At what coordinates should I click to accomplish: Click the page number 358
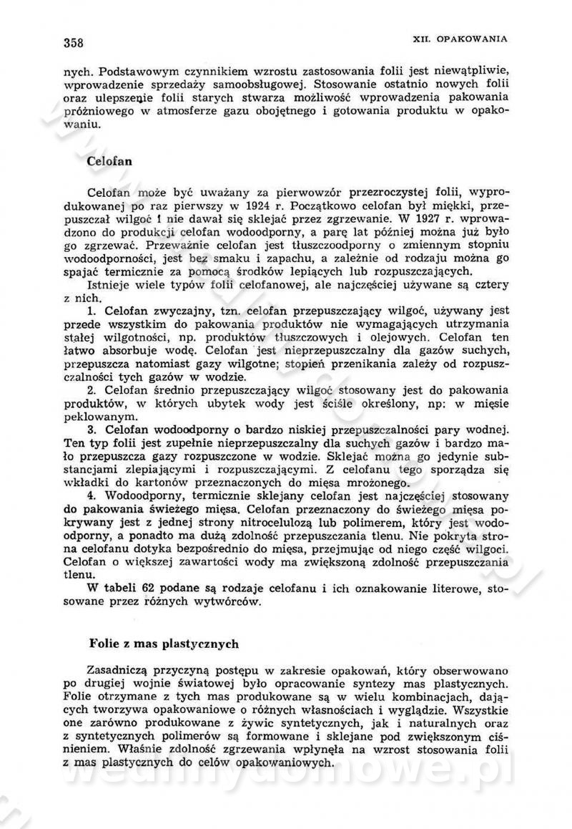[x=74, y=42]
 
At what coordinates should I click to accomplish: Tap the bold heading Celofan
[x=109, y=161]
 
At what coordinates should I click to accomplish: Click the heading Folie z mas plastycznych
[x=163, y=644]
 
